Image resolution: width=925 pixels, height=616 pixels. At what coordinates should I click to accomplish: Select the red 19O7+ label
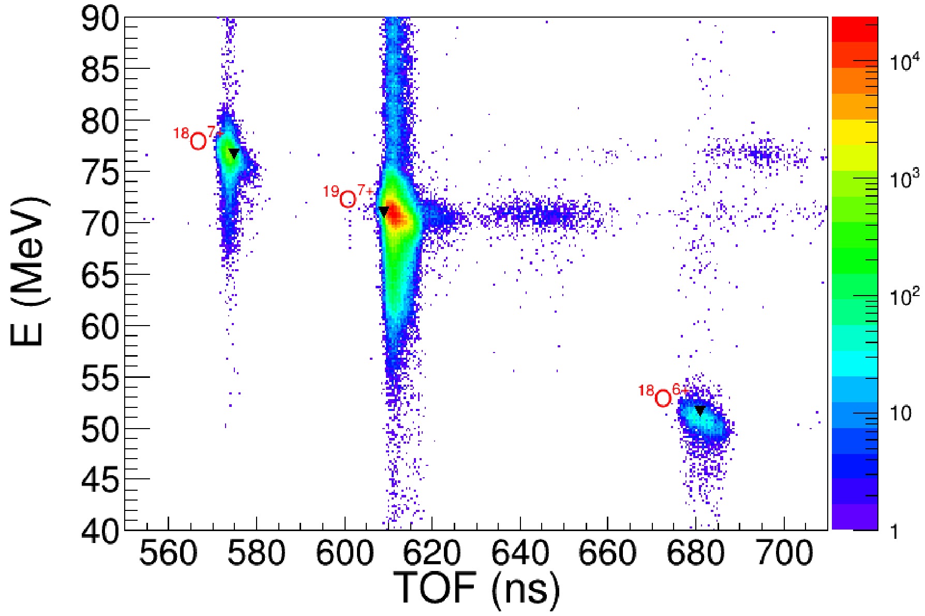(348, 197)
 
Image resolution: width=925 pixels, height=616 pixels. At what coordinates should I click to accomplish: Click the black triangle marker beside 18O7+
(234, 153)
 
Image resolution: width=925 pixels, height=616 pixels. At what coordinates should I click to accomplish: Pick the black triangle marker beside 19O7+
(383, 211)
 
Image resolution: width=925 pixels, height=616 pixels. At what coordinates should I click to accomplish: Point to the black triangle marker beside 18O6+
(700, 410)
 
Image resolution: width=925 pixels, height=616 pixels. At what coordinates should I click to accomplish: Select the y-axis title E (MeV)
(30, 271)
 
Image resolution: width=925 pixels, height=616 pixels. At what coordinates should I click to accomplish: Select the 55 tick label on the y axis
(100, 378)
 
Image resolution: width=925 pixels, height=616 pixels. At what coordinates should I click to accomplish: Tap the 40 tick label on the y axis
(100, 531)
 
